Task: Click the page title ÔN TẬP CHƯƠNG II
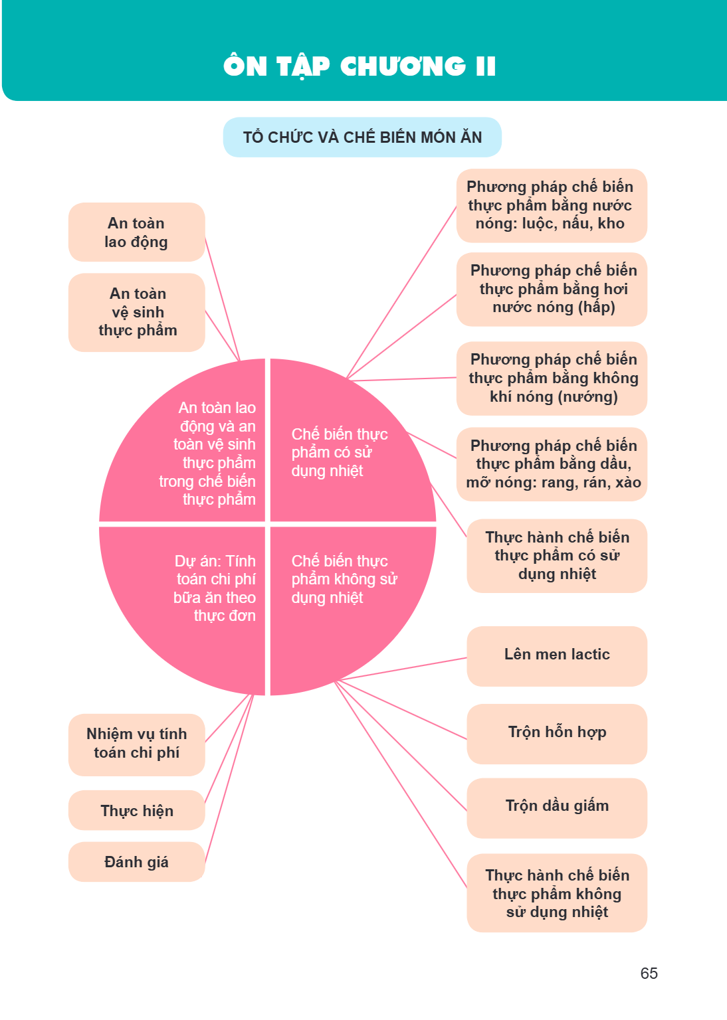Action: pyautogui.click(x=359, y=66)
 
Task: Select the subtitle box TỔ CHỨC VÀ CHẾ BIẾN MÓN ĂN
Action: pyautogui.click(x=362, y=137)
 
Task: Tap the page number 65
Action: pyautogui.click(x=649, y=973)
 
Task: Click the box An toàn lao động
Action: pyautogui.click(x=137, y=232)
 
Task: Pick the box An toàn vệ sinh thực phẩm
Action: pyautogui.click(x=137, y=312)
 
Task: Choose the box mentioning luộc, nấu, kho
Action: pyautogui.click(x=552, y=205)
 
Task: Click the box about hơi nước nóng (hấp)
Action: pyautogui.click(x=552, y=289)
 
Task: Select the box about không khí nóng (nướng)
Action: pyautogui.click(x=552, y=378)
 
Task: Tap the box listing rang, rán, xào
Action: pyautogui.click(x=552, y=464)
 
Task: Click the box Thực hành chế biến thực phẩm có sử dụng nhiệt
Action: pyautogui.click(x=557, y=556)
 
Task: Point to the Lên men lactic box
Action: pyautogui.click(x=557, y=655)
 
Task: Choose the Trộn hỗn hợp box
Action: pyautogui.click(x=557, y=734)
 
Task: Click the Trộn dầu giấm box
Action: pyautogui.click(x=557, y=807)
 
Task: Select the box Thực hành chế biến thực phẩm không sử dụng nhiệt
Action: pyautogui.click(x=557, y=893)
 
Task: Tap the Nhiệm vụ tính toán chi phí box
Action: pyautogui.click(x=137, y=744)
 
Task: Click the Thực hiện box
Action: pyautogui.click(x=137, y=810)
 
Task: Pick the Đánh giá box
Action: pyautogui.click(x=137, y=861)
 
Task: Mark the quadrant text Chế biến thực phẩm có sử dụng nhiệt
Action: pyautogui.click(x=340, y=452)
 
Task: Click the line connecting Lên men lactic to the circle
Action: pyautogui.click(x=403, y=669)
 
